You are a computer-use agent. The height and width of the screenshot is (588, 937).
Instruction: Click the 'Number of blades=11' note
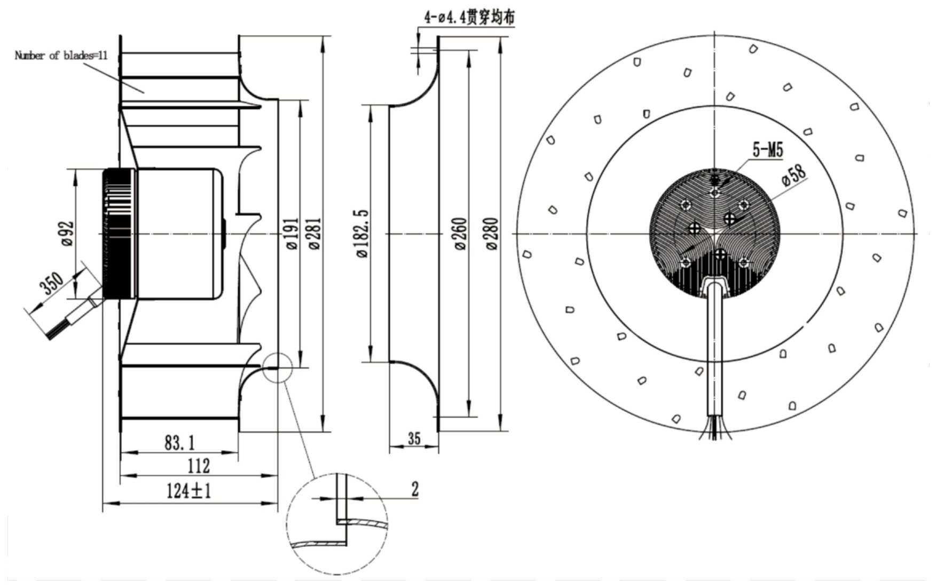tap(61, 56)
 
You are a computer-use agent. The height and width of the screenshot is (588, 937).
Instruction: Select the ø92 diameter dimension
tap(67, 233)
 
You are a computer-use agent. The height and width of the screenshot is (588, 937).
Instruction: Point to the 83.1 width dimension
tap(179, 443)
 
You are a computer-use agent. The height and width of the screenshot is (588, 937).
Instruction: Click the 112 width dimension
tap(198, 466)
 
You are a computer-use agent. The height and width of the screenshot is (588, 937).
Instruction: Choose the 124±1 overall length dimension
tap(189, 490)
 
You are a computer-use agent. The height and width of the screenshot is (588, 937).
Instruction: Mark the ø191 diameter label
tap(292, 233)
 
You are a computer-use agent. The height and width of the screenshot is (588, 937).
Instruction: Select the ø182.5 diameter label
tap(363, 233)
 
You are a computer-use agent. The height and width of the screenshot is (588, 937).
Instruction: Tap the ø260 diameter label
tap(461, 233)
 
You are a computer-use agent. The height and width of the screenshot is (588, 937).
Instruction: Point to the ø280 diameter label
tap(492, 233)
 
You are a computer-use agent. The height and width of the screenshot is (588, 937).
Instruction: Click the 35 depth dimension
tap(414, 438)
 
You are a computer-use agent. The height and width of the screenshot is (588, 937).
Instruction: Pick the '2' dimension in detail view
tap(415, 489)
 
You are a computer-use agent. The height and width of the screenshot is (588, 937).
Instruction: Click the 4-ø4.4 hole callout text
tap(470, 17)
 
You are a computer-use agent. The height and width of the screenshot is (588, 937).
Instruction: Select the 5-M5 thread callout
tap(767, 150)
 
